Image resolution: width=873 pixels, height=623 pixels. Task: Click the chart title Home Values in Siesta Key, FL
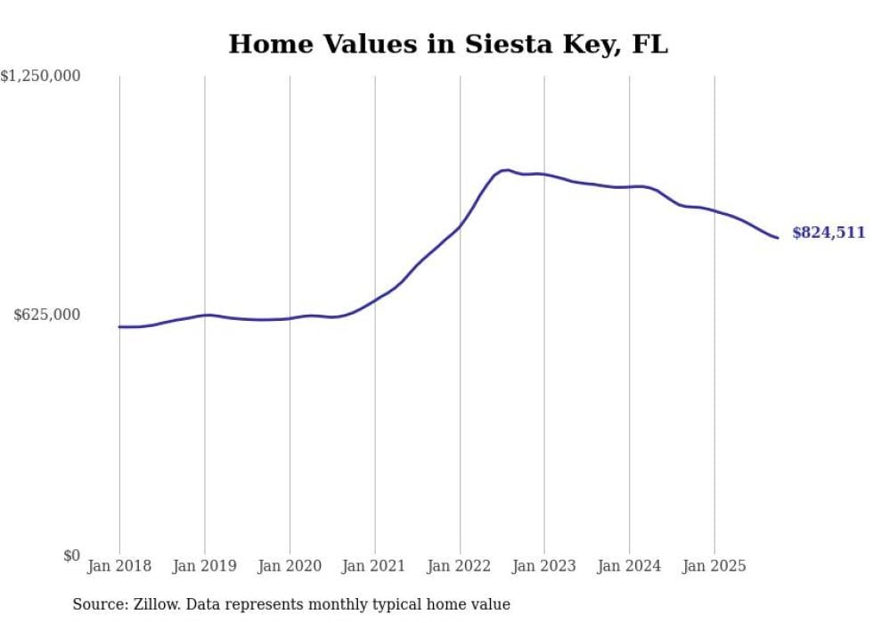[448, 45]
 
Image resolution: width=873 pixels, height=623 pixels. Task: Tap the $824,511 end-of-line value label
[828, 233]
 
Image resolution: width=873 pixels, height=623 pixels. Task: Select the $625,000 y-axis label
[47, 315]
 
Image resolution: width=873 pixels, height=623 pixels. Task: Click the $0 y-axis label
[71, 556]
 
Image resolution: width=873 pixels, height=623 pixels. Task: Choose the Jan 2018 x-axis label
[119, 566]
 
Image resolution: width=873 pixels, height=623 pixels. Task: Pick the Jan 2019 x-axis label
[205, 566]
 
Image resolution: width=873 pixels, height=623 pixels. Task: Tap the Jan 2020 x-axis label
[290, 566]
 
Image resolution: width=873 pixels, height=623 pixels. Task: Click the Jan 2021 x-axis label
[374, 566]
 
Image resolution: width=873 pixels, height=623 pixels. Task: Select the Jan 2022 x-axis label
[460, 566]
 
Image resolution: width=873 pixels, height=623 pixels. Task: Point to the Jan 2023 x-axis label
[544, 566]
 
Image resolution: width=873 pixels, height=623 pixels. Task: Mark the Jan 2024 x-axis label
[630, 566]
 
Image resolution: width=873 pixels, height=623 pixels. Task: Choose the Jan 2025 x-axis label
[714, 566]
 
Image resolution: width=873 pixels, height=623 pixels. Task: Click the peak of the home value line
[506, 169]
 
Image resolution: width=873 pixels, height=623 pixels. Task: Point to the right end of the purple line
[778, 237]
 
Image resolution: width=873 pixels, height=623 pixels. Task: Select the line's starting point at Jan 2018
[120, 327]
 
